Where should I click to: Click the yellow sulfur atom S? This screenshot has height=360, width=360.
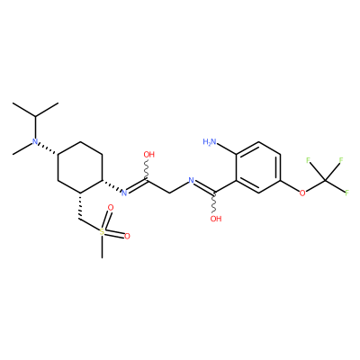click(x=103, y=231)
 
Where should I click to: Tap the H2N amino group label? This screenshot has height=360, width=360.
click(x=210, y=141)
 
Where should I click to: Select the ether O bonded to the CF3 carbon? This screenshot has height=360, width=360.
click(x=302, y=193)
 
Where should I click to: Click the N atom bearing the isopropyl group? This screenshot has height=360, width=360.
click(x=35, y=141)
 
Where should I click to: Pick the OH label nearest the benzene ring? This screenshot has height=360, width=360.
click(x=216, y=219)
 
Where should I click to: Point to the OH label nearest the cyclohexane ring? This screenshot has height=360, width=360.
click(x=148, y=155)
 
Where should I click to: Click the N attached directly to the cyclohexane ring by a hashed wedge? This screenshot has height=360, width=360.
click(x=124, y=193)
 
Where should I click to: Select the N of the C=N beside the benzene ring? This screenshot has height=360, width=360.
click(x=191, y=180)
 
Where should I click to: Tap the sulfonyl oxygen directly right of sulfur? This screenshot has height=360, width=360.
click(x=127, y=236)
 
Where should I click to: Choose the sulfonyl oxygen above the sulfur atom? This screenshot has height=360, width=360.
click(x=111, y=207)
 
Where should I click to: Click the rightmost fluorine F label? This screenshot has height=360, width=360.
click(x=346, y=193)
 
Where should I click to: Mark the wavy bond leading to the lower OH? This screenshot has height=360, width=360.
click(x=214, y=202)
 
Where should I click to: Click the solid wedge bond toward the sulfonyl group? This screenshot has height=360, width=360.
click(x=80, y=206)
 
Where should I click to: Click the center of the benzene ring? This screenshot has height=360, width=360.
click(x=258, y=167)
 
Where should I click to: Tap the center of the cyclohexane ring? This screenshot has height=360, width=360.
click(x=80, y=167)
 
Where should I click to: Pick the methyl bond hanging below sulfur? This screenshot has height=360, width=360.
click(x=103, y=247)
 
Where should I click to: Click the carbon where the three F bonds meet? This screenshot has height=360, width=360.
click(x=325, y=180)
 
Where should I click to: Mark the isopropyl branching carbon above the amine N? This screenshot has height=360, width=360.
click(x=35, y=116)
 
